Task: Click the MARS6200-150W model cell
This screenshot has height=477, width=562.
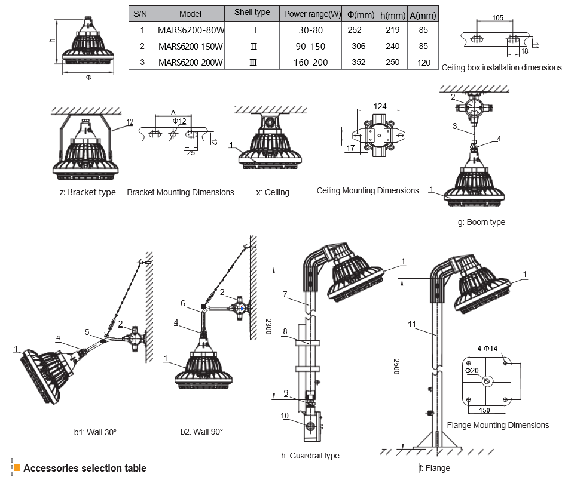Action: pos(190,46)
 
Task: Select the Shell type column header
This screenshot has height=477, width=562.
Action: pos(252,13)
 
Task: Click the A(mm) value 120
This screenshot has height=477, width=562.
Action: pos(424,62)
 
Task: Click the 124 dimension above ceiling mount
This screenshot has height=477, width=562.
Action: pos(380,106)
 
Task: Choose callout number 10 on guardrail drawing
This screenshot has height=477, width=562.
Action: pos(285,415)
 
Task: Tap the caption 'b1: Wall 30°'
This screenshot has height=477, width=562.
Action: pos(91,432)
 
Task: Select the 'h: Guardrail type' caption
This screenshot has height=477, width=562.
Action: pos(310,456)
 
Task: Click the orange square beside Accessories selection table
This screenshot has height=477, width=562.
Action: pos(17,468)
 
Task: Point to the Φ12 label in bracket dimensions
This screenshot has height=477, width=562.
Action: pos(179,121)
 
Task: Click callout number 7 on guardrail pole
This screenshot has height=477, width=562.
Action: pos(285,294)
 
